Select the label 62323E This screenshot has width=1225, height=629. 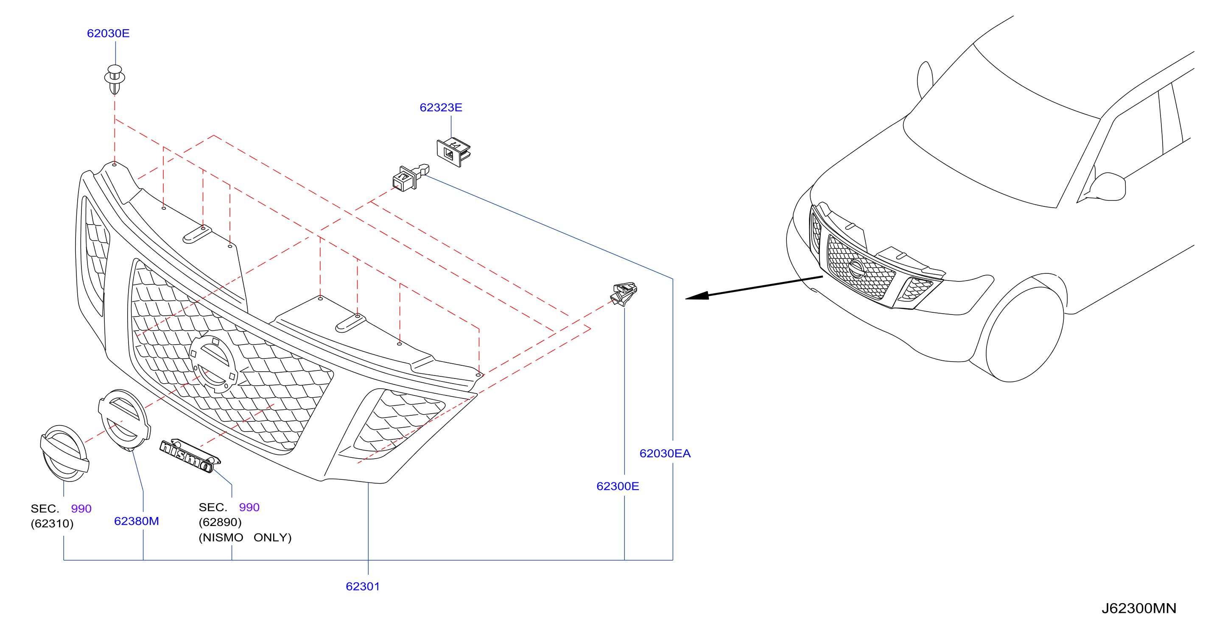pyautogui.click(x=441, y=107)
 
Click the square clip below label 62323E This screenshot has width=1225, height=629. pyautogui.click(x=453, y=152)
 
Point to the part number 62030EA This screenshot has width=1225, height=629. pyautogui.click(x=665, y=453)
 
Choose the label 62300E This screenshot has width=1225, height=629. pyautogui.click(x=617, y=486)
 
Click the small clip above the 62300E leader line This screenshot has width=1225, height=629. pyautogui.click(x=624, y=294)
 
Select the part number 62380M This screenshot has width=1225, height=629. pyautogui.click(x=137, y=521)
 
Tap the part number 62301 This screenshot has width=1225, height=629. pyautogui.click(x=363, y=586)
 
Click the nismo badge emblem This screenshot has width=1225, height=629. pyautogui.click(x=190, y=456)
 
